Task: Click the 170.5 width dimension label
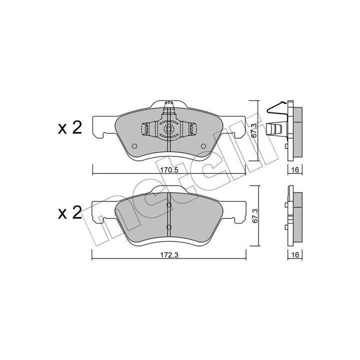[169, 170]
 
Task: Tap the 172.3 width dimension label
[169, 255]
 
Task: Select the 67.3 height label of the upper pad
[253, 130]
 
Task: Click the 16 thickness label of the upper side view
[295, 170]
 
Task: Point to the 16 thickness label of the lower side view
[295, 255]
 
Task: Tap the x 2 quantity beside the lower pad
[70, 213]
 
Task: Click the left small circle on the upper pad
[134, 146]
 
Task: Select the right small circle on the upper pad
[203, 146]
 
